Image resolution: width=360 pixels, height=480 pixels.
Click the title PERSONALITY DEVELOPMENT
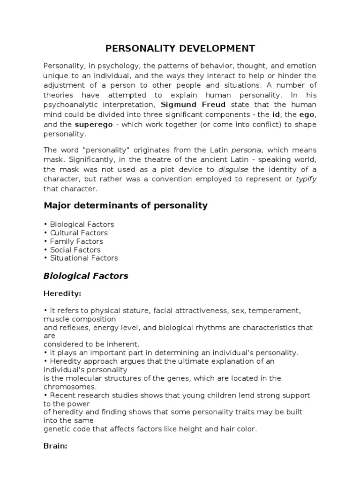coord(180,49)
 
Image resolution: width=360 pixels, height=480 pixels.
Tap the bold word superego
coord(92,124)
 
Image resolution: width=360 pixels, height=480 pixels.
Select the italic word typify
coord(306,179)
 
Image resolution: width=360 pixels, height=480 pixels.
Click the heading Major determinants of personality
coord(125,205)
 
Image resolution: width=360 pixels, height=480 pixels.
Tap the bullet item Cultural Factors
coord(78,233)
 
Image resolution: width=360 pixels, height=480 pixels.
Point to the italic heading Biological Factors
coord(86,276)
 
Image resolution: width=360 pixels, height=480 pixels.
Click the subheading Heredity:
coord(62,293)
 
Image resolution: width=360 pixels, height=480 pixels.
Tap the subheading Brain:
coord(56,446)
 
